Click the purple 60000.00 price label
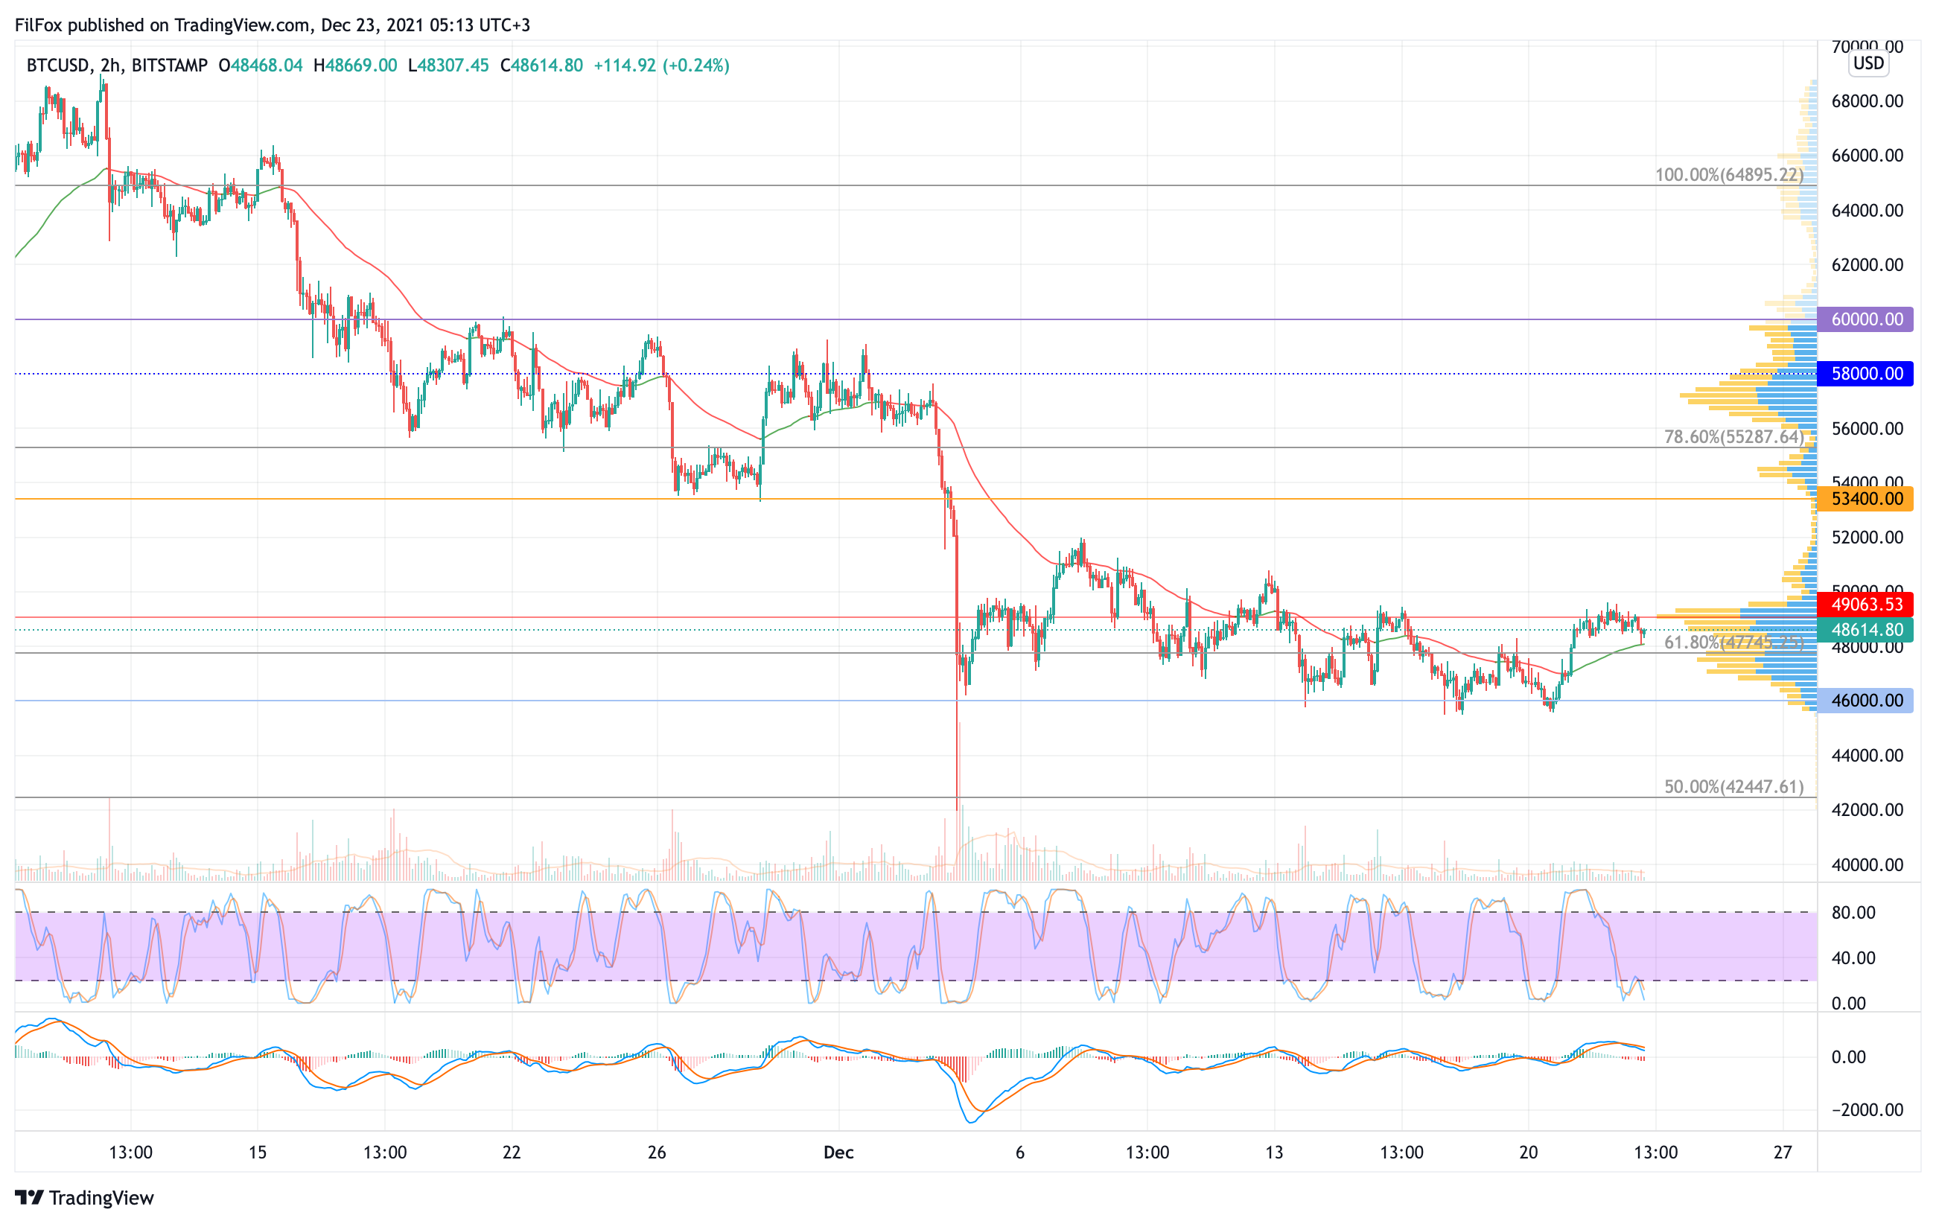pos(1865,319)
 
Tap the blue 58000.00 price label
pos(1865,374)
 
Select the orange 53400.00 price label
pos(1865,499)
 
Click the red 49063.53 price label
pos(1865,605)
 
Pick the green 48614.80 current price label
pos(1865,630)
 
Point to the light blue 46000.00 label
pos(1865,701)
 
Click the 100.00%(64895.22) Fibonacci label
pos(1728,175)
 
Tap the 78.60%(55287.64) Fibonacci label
pos(1733,437)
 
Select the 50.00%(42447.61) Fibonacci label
pos(1733,787)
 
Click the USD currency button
pos(1868,63)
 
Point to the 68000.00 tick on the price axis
pos(1867,101)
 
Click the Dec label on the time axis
pos(838,1153)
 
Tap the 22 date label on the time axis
pos(512,1153)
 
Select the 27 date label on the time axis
pos(1783,1153)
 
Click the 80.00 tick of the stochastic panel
pos(1853,913)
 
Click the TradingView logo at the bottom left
pos(84,1197)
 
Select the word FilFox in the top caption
pos(39,25)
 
